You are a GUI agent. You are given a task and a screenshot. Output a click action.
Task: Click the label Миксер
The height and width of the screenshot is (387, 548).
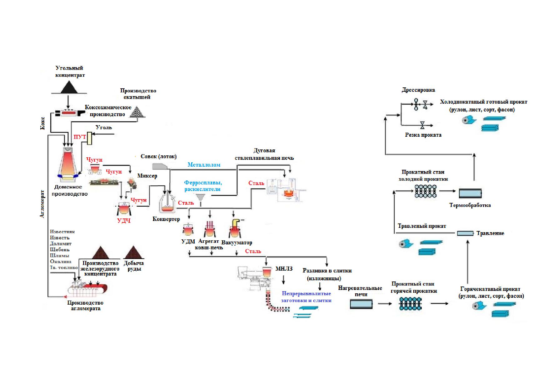pos(147,176)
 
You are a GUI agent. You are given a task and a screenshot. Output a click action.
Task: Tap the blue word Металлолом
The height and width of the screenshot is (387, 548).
pos(204,165)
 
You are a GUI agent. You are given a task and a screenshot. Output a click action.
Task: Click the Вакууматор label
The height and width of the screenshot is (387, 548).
pos(237,242)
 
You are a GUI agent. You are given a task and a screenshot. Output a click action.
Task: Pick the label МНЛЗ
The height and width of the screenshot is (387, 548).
pos(284,269)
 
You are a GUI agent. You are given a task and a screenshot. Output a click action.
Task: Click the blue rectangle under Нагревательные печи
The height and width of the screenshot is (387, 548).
pos(361,304)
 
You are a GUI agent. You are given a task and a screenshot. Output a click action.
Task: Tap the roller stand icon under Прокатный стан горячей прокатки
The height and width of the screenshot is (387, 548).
pos(410,303)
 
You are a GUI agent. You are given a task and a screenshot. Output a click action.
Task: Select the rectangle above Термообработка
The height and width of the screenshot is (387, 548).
pos(470,193)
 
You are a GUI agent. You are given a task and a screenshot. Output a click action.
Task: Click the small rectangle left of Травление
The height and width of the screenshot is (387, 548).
pos(465,233)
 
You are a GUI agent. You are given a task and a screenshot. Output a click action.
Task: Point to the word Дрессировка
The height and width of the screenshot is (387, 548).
pos(418,90)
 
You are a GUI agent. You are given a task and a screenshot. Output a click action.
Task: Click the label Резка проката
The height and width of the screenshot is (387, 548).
pos(423,135)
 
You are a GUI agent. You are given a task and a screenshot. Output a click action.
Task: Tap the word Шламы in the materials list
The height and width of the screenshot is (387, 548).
pos(59,256)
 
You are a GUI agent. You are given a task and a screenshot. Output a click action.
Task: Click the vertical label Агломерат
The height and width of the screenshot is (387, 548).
pos(43,204)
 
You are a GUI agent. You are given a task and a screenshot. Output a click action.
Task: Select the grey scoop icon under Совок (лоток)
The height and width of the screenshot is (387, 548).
pos(160,166)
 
